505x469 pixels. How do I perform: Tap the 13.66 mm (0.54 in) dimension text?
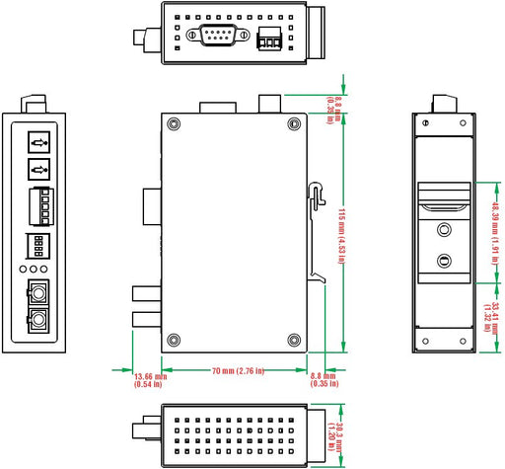click(149, 380)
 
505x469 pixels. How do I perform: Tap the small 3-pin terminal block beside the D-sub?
click(267, 41)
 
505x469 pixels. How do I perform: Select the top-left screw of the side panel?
click(175, 124)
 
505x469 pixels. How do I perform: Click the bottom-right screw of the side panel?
click(294, 340)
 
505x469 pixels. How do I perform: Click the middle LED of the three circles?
click(37, 269)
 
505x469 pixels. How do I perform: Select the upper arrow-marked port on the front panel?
click(38, 142)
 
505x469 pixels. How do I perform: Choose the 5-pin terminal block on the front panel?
click(38, 204)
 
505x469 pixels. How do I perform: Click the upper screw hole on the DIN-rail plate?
click(445, 231)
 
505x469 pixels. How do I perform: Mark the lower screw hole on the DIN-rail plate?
click(445, 262)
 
